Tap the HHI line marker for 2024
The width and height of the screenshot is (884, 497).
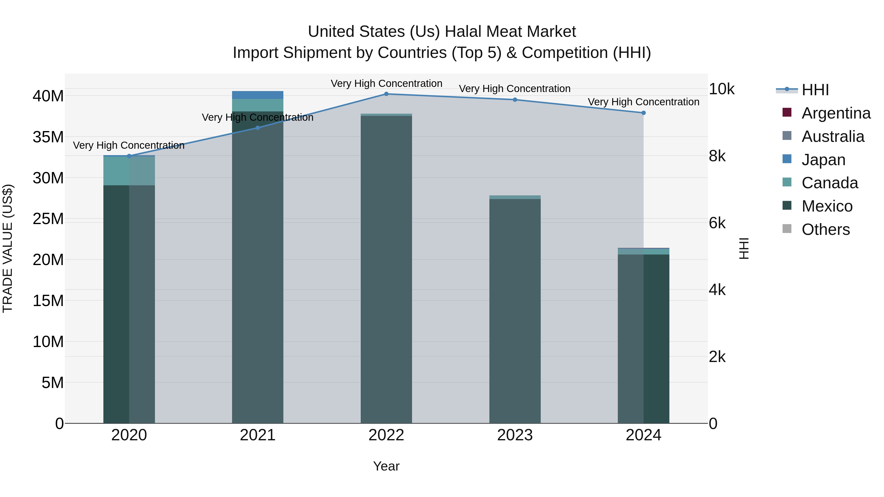(643, 113)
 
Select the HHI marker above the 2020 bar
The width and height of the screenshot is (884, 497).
(129, 156)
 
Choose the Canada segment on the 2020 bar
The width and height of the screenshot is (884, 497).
(129, 171)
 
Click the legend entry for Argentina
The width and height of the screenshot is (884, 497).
(836, 113)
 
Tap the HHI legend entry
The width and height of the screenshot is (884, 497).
(815, 90)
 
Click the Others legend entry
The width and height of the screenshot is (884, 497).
(825, 229)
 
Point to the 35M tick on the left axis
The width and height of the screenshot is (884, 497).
(48, 137)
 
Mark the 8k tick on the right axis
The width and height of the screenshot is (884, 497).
(717, 156)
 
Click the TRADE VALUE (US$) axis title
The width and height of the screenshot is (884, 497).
(8, 248)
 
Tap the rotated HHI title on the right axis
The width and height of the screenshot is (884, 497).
(744, 248)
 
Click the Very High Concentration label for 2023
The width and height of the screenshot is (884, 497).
(515, 89)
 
